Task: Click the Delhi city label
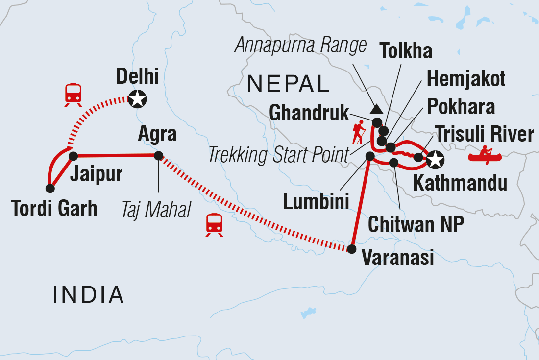click(x=137, y=76)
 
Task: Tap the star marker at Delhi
click(x=137, y=99)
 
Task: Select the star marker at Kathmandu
click(x=435, y=159)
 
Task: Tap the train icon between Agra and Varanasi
click(x=214, y=224)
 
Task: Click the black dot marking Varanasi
click(x=351, y=249)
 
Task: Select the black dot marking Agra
click(x=158, y=156)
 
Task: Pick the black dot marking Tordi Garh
click(x=49, y=188)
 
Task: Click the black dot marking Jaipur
click(x=73, y=156)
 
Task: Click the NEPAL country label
click(x=288, y=84)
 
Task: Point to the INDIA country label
click(x=88, y=294)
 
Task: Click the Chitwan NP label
click(x=416, y=225)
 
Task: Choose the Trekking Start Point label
click(x=279, y=156)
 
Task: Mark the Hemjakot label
click(x=466, y=78)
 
